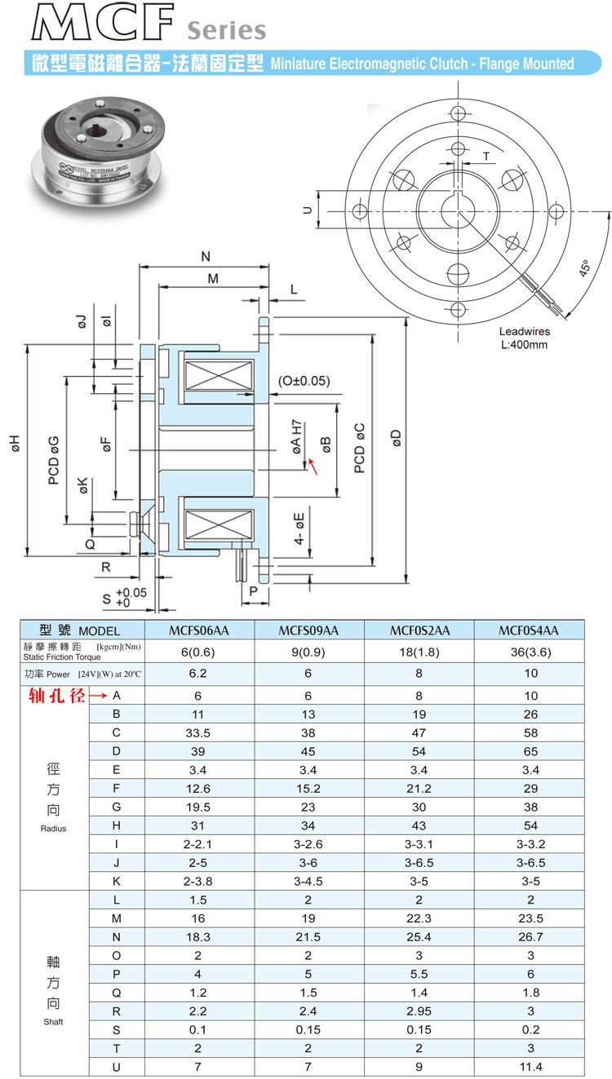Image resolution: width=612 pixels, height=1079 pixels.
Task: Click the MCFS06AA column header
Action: click(199, 630)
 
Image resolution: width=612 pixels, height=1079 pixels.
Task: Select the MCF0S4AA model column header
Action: click(530, 630)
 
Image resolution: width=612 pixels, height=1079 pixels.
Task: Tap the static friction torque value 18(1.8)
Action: click(419, 651)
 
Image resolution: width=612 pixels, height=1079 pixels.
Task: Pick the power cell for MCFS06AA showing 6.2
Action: click(199, 674)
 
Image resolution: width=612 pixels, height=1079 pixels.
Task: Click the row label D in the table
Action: click(117, 750)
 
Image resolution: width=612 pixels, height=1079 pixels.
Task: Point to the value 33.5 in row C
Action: click(199, 732)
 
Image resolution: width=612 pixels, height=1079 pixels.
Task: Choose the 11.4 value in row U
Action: click(530, 1067)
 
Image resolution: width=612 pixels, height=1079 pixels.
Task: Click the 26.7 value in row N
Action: click(530, 937)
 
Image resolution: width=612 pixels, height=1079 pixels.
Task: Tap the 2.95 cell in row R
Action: click(419, 1011)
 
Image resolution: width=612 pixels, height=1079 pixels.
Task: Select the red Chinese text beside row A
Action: click(53, 696)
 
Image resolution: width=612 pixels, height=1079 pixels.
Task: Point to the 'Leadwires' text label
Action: click(524, 332)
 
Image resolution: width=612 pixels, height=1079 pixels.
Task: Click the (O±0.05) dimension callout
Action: click(304, 381)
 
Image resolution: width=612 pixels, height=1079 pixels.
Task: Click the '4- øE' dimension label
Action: click(300, 528)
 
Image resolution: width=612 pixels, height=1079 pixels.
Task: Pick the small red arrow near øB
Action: click(313, 466)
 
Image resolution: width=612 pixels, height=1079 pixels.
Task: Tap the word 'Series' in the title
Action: click(227, 31)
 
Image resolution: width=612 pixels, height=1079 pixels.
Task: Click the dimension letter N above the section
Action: click(205, 257)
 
